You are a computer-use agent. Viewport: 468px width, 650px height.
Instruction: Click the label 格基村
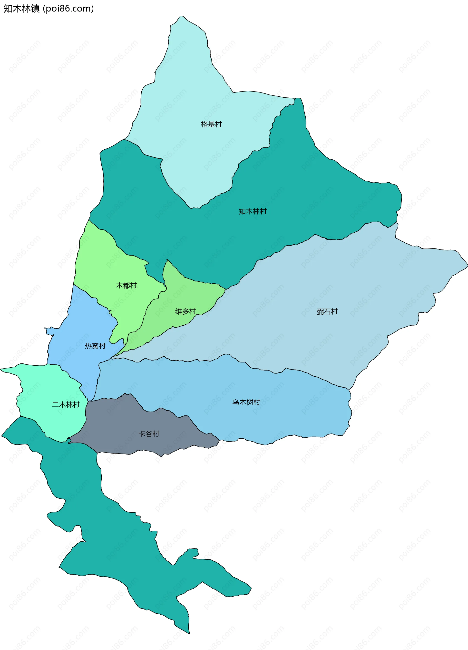211,124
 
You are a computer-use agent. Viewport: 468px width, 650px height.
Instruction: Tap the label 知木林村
253,212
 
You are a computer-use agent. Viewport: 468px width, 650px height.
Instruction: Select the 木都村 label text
126,285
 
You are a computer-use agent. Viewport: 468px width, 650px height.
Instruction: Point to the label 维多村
185,311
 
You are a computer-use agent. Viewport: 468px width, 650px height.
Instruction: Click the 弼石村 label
327,312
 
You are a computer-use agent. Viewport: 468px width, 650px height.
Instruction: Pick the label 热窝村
95,346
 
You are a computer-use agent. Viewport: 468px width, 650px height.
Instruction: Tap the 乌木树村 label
246,402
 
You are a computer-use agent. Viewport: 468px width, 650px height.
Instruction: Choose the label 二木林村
66,405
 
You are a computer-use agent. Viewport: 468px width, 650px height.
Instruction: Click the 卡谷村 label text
149,434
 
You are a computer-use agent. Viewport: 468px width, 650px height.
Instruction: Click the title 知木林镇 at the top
21,9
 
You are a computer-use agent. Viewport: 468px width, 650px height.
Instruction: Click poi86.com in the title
68,9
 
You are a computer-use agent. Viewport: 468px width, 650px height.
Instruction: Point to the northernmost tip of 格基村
181,16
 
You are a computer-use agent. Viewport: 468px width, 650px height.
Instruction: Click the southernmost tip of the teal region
189,634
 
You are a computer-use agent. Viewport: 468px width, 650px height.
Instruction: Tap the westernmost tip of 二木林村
1,370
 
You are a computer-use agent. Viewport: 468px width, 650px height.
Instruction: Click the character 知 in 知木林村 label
242,212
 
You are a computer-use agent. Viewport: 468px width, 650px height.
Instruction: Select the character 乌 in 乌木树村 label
235,402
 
